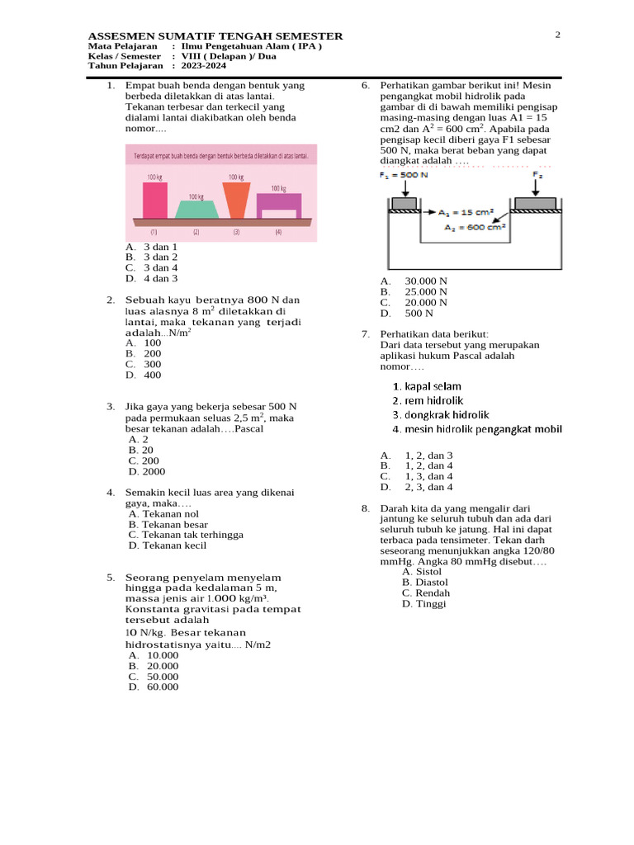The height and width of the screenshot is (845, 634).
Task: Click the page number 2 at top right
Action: pyautogui.click(x=557, y=35)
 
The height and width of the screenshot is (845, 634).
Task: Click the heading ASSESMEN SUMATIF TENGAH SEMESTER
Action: pyautogui.click(x=215, y=36)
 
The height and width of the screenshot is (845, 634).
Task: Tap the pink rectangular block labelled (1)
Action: pyautogui.click(x=154, y=200)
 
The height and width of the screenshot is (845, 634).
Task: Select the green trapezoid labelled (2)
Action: pyautogui.click(x=196, y=210)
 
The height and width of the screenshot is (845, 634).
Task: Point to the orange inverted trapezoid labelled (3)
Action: pyautogui.click(x=236, y=201)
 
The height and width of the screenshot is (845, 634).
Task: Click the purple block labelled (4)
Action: pyautogui.click(x=279, y=203)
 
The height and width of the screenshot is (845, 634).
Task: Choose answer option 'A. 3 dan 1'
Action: pyautogui.click(x=152, y=247)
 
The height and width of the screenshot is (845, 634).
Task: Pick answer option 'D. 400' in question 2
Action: pyautogui.click(x=144, y=375)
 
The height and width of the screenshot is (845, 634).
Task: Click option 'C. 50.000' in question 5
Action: pyautogui.click(x=154, y=676)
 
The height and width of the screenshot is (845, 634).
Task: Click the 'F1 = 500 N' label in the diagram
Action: pyautogui.click(x=403, y=175)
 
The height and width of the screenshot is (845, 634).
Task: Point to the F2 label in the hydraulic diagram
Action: pyautogui.click(x=537, y=175)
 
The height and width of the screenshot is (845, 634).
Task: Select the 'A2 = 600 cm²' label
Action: pyautogui.click(x=475, y=228)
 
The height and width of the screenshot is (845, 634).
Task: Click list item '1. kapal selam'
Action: pyautogui.click(x=427, y=386)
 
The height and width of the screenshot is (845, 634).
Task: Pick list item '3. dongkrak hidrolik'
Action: pyautogui.click(x=441, y=415)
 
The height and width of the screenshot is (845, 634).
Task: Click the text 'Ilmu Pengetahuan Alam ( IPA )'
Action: pyautogui.click(x=252, y=47)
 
